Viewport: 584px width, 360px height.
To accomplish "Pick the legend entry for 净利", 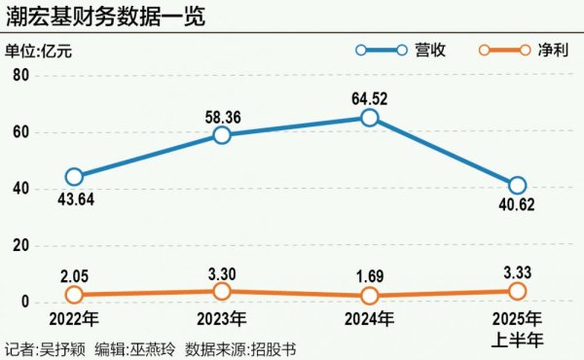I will (x=526, y=50).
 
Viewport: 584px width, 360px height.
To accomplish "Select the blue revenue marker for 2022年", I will (x=74, y=177).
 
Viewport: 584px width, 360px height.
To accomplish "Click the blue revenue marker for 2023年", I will (x=222, y=135).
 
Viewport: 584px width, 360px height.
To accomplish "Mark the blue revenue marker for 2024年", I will (x=370, y=118).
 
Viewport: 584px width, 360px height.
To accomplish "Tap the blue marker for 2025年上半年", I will (x=518, y=186).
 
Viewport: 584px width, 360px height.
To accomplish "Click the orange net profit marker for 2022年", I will (x=74, y=295).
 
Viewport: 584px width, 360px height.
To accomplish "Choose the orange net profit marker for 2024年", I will (x=370, y=296).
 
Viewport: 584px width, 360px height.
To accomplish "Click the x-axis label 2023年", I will (x=222, y=318).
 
